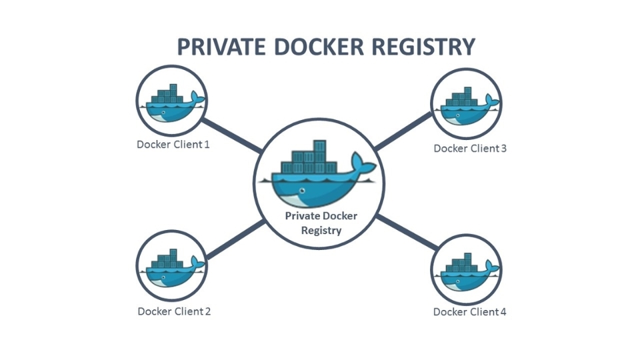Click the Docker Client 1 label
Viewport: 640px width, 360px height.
pos(173,144)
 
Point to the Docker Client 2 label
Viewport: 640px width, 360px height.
pos(174,311)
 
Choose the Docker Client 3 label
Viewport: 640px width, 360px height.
pos(470,148)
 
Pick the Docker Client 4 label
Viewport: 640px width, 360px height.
pos(469,312)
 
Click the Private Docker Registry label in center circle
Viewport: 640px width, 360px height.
pos(321,223)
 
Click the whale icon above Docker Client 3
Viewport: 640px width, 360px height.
pos(465,105)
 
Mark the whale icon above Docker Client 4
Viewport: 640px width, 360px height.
pos(465,270)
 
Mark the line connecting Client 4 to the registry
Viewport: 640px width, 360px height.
pos(407,233)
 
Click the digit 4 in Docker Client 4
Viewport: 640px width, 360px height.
pos(503,312)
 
